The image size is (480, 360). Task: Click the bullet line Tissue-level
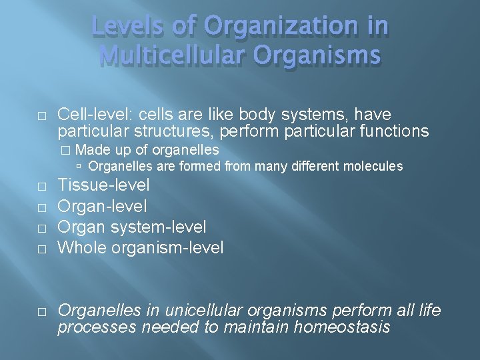pyautogui.click(x=103, y=185)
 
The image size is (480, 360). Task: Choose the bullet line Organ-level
pyautogui.click(x=102, y=206)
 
